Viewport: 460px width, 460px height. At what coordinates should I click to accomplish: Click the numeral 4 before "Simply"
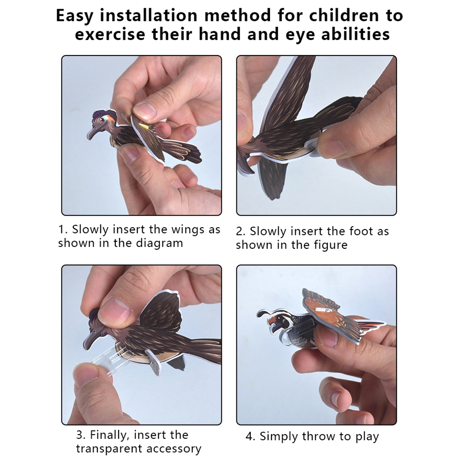249,437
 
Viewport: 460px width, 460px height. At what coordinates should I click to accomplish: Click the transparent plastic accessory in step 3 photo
106,361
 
